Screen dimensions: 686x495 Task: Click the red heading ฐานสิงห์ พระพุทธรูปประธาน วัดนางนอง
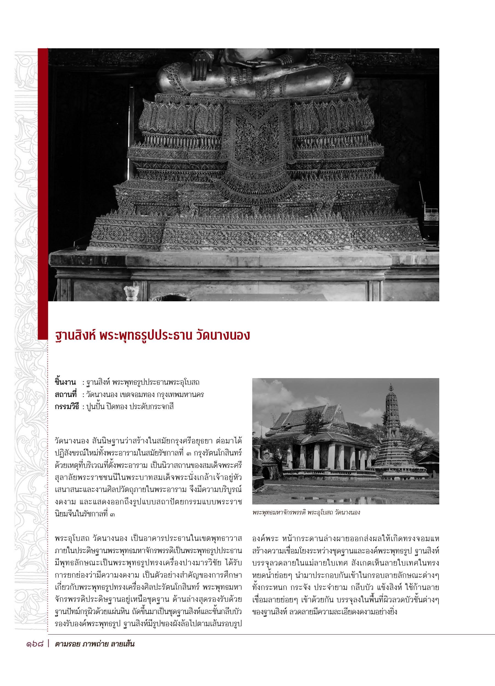tap(152, 335)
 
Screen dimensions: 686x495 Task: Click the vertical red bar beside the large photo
tap(43, 193)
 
